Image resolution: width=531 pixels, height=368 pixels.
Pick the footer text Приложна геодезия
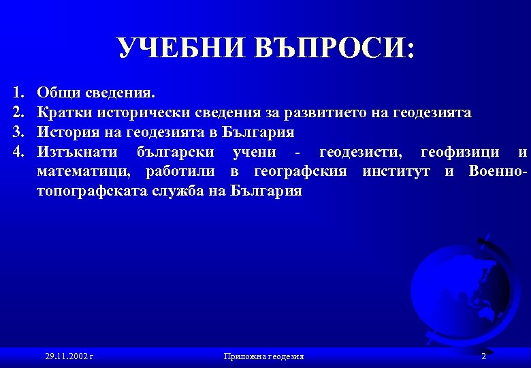263,356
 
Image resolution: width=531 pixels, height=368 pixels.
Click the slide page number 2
483,356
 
